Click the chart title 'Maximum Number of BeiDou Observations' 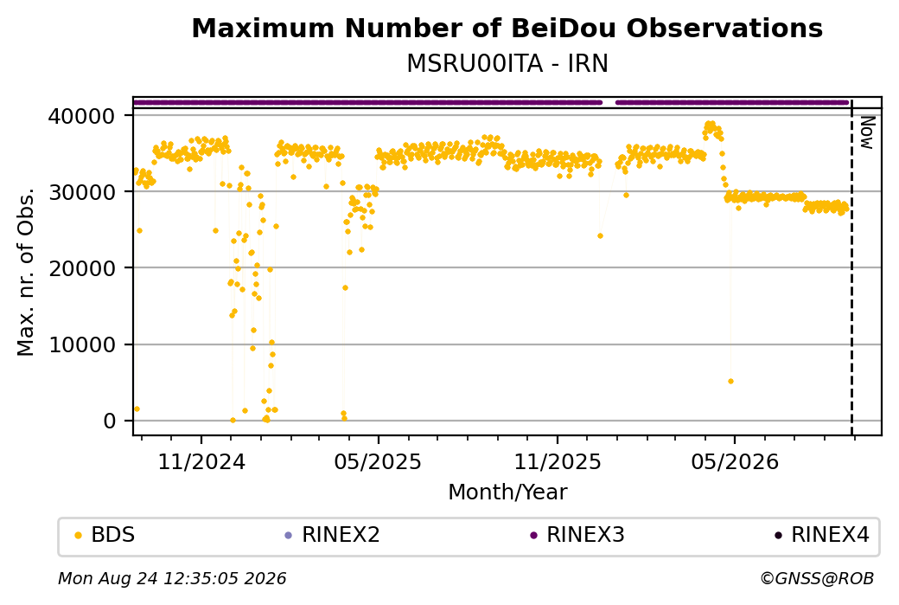(x=507, y=28)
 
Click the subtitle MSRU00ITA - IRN (x=507, y=64)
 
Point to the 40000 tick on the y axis (x=81, y=117)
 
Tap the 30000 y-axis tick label (x=81, y=192)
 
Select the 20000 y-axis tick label (x=81, y=268)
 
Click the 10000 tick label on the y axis (x=81, y=345)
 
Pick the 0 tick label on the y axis (x=110, y=422)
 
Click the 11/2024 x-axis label (x=201, y=462)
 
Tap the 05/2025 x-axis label (x=378, y=462)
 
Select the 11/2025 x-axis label (x=558, y=462)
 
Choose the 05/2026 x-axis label (x=735, y=462)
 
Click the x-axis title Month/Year (x=507, y=492)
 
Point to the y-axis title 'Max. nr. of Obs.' (x=26, y=272)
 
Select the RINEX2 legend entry (x=333, y=535)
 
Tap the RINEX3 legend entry (x=577, y=535)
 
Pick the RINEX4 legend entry (x=822, y=535)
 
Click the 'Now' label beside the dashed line (x=867, y=132)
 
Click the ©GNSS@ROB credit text (x=817, y=578)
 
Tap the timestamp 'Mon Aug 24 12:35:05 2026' (x=172, y=578)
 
